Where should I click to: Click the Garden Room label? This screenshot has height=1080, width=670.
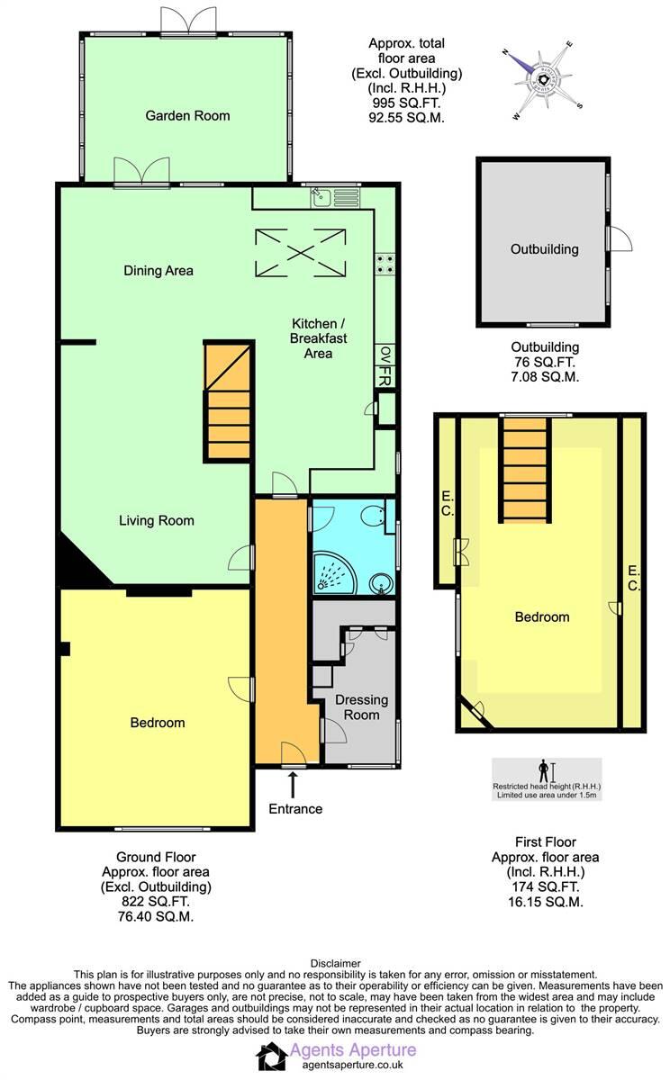(x=187, y=115)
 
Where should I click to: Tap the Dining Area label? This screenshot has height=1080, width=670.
(x=158, y=270)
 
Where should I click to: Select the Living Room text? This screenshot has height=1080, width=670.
(x=157, y=520)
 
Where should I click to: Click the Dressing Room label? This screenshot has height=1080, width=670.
(x=361, y=708)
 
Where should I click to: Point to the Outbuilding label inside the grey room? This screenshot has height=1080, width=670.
(x=544, y=249)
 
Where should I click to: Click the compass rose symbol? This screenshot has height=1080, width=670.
(x=544, y=78)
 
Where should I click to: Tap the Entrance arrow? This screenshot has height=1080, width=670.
(x=294, y=783)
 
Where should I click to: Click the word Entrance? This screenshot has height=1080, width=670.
(x=294, y=809)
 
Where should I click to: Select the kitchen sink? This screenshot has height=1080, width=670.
(x=321, y=196)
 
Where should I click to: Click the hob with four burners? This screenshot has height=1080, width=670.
(x=386, y=263)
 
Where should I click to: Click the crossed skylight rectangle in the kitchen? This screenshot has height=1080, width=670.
(x=301, y=252)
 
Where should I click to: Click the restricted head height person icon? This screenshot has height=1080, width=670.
(x=543, y=771)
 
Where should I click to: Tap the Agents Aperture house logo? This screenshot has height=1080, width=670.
(x=270, y=1057)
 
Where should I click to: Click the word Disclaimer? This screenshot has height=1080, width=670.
(x=335, y=963)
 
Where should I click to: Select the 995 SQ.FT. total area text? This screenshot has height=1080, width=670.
(x=406, y=103)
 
